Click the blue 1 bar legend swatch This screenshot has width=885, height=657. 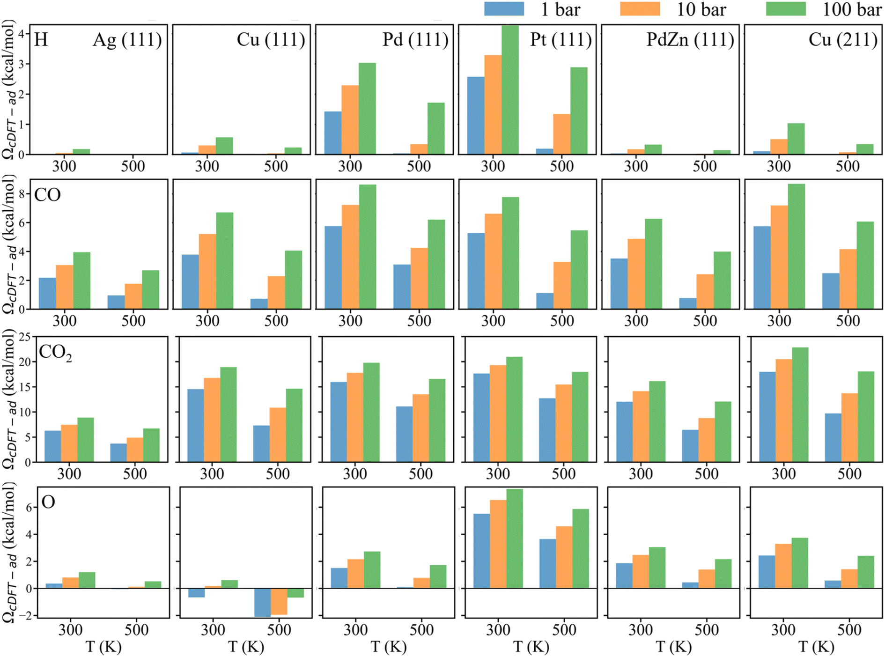(x=504, y=9)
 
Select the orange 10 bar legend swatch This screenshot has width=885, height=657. (x=640, y=9)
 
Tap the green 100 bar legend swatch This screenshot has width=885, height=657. (x=786, y=9)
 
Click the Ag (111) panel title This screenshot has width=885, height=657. (x=127, y=40)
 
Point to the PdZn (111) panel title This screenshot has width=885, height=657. (x=690, y=40)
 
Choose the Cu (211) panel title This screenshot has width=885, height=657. (x=842, y=40)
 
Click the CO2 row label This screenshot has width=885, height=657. (x=55, y=352)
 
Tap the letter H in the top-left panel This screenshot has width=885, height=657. (x=41, y=40)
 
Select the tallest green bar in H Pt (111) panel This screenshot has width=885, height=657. (x=510, y=89)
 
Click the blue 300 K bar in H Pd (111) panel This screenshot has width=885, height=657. (x=333, y=133)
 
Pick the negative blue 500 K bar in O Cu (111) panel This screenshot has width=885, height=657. (x=262, y=602)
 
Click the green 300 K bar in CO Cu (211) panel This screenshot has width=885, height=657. (x=796, y=246)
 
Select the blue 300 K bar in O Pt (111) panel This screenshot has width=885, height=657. (x=481, y=551)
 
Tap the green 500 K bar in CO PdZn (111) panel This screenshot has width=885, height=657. (x=722, y=280)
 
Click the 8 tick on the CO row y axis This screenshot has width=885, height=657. (x=27, y=193)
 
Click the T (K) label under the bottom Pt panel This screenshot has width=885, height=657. (x=531, y=647)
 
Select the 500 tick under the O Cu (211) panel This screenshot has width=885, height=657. (x=849, y=630)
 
